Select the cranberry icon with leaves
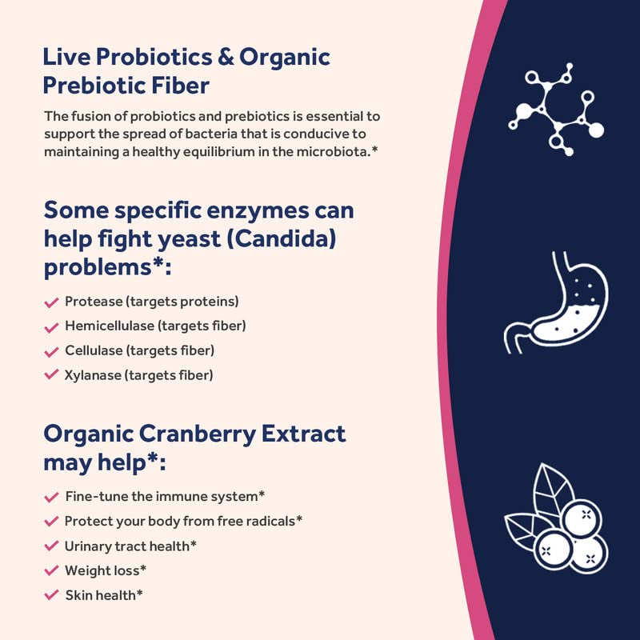click(556, 520)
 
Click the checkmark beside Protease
click(51, 302)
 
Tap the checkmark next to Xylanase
click(51, 374)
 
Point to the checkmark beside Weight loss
click(51, 570)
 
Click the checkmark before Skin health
click(51, 595)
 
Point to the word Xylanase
click(93, 374)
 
